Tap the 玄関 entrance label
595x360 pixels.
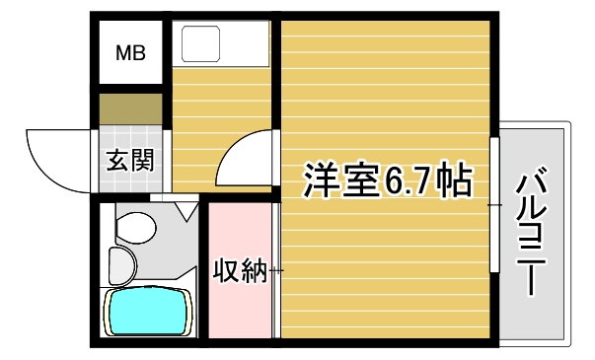[130, 160]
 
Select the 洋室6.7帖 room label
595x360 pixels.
[386, 180]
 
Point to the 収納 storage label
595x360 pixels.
[240, 269]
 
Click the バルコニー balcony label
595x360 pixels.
[533, 233]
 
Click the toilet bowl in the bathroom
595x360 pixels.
[134, 227]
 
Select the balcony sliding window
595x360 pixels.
[493, 202]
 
